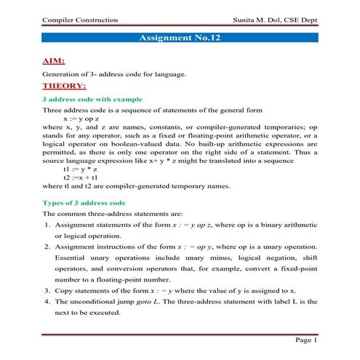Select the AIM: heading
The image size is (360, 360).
pos(55,61)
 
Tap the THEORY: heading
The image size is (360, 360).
pos(64,86)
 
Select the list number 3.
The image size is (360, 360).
pos(46,289)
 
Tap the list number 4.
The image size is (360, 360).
pos(46,300)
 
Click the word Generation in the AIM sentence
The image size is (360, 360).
pos(60,74)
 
